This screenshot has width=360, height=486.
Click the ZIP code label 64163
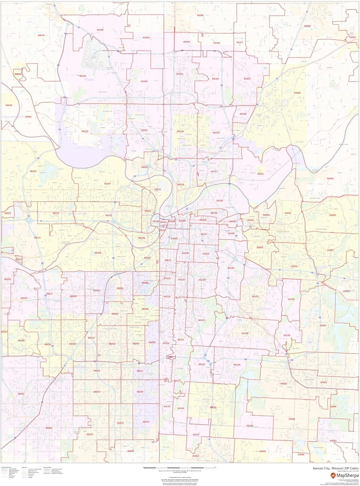[100, 30]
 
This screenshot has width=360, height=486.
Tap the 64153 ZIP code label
[83, 76]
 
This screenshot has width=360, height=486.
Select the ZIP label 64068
[297, 93]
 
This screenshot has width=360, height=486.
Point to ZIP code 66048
[9, 105]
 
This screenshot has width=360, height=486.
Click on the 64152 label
[85, 131]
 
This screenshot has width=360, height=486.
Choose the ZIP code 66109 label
[33, 171]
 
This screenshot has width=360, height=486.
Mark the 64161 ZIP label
[261, 174]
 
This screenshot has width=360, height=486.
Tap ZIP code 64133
[255, 296]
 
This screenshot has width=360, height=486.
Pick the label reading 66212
[112, 344]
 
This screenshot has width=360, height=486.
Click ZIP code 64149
[250, 425]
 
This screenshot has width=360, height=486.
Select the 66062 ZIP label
[49, 428]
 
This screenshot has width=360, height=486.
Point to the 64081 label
[284, 384]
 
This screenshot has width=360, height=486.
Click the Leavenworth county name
[12, 117]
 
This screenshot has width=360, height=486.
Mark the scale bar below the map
[180, 468]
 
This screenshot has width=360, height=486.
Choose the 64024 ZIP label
[353, 37]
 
